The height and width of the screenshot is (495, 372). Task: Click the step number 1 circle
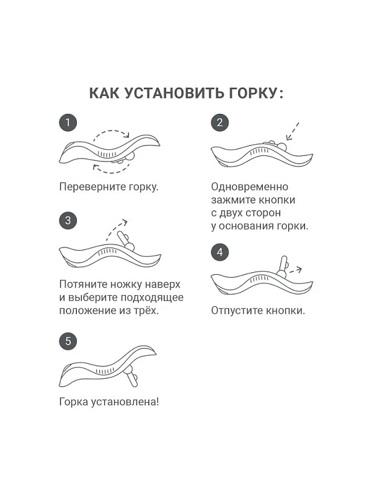68,123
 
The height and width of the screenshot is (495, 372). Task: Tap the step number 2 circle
220,123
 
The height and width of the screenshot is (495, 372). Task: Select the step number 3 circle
68,220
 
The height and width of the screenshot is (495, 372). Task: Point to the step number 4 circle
220,252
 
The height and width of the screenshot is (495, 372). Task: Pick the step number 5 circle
68,342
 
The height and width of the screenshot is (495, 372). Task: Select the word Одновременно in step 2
250,187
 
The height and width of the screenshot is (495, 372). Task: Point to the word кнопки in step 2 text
277,200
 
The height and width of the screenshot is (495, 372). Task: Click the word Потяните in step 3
83,284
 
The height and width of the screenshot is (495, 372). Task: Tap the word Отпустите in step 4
237,311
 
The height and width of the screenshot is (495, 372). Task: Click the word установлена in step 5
125,402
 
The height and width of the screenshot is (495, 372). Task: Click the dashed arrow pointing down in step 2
292,131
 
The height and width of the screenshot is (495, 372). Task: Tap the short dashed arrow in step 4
295,270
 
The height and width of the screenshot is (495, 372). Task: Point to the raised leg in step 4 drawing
283,267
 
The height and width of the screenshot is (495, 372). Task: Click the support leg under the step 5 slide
131,377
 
